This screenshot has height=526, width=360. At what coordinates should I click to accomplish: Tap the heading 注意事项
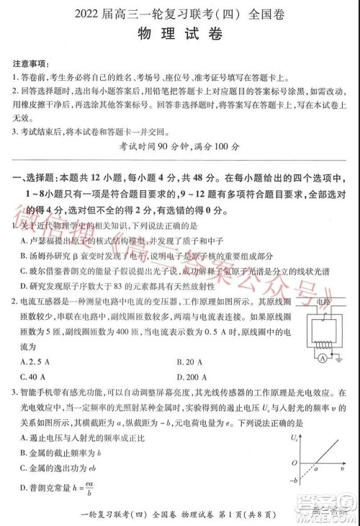coord(31,62)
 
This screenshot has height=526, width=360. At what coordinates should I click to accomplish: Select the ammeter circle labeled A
coord(324,358)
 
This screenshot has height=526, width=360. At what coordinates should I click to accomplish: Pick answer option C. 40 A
coord(33,377)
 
